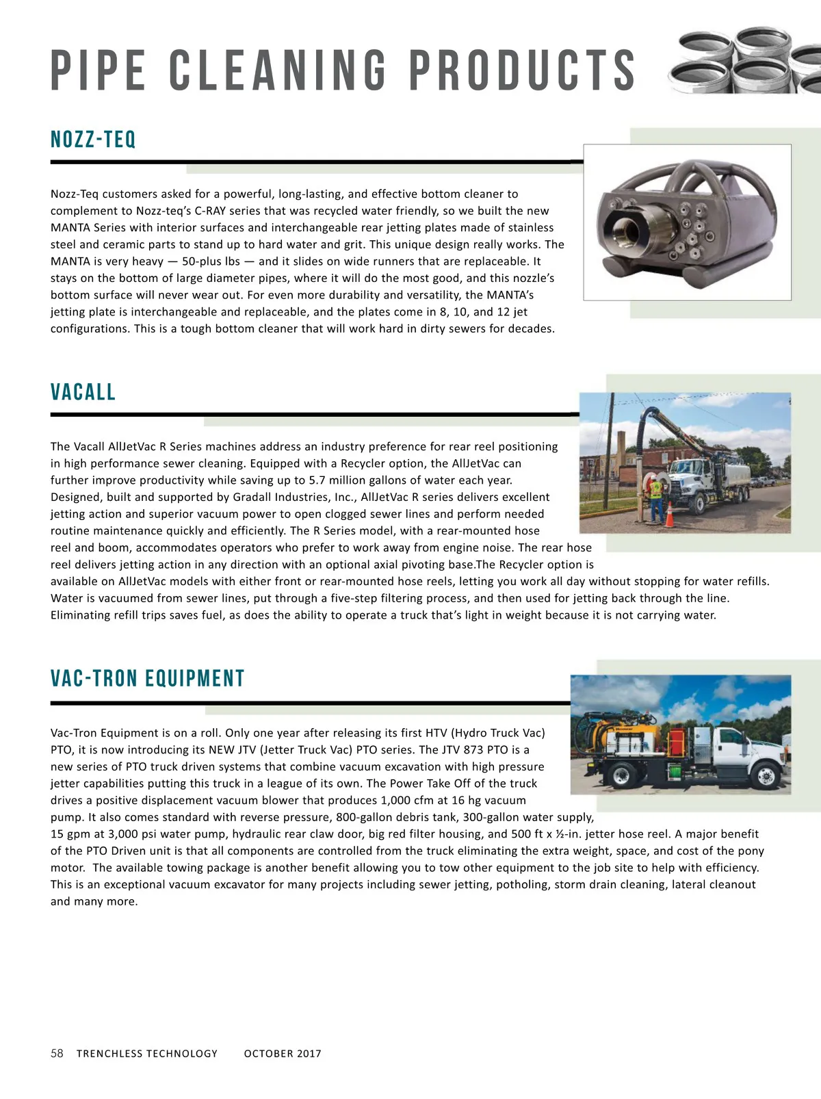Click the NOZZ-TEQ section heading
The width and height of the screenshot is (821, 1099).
click(94, 140)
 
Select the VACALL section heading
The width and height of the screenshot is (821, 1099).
click(83, 392)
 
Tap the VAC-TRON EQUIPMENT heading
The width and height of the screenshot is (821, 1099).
click(148, 678)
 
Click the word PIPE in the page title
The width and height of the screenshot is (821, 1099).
click(99, 70)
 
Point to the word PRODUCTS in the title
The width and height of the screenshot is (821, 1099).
click(523, 70)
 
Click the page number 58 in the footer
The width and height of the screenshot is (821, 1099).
click(57, 1053)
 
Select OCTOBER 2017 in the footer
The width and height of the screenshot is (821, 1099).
click(283, 1054)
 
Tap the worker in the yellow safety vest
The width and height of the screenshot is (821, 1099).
click(655, 497)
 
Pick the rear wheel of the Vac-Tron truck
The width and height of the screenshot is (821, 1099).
click(623, 776)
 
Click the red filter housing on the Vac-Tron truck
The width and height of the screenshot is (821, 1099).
click(677, 739)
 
